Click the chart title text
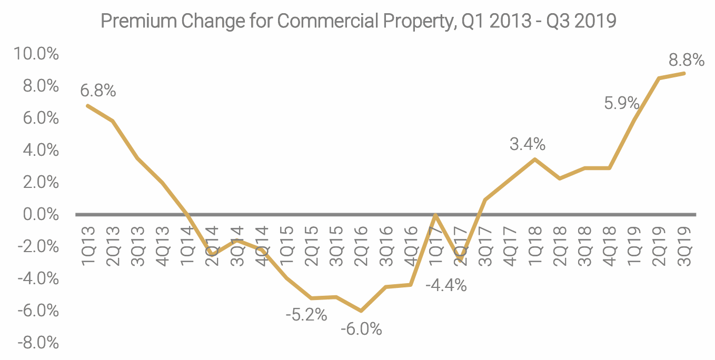358,22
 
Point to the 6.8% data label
98,91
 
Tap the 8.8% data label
687,61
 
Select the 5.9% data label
621,103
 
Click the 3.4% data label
528,144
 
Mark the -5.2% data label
306,315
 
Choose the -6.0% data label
361,329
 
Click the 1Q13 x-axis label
88,246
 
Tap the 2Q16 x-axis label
361,246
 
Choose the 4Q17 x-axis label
509,246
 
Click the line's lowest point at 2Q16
361,311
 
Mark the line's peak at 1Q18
535,159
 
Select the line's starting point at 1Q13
88,105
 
